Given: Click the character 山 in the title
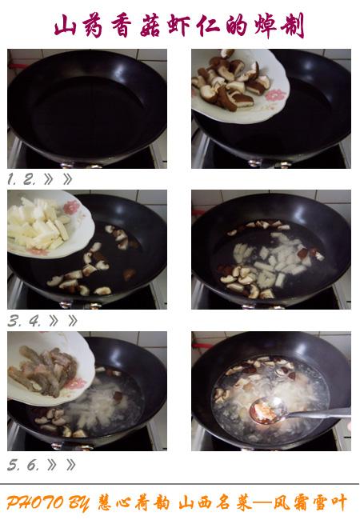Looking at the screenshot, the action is [66, 26].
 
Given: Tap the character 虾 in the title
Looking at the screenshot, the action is [179, 26].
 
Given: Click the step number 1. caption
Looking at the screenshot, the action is [12, 179].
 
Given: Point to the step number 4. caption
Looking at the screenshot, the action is [35, 321].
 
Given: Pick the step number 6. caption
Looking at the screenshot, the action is [33, 466].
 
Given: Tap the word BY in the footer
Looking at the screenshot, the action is [79, 503].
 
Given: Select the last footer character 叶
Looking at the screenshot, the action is [338, 502].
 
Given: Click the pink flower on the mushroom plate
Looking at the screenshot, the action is [276, 95].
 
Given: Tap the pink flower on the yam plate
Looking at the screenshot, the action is [72, 207].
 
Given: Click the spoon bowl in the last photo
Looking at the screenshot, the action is [268, 410].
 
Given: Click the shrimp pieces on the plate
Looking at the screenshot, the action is [43, 370].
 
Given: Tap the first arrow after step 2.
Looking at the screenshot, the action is [48, 179].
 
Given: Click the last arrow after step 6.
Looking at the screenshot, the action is [70, 466].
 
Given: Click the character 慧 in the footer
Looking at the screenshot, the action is [107, 502].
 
